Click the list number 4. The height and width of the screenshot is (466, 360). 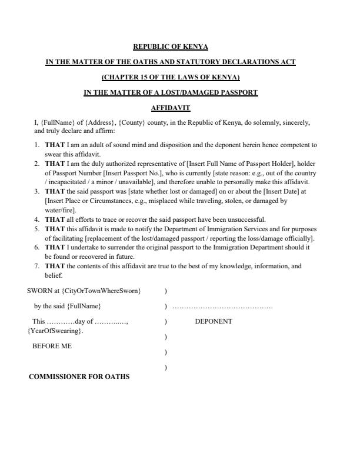pyautogui.click(x=36, y=219)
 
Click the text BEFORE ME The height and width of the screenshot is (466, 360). pyautogui.click(x=52, y=347)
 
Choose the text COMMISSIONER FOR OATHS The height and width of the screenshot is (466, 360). pyautogui.click(x=79, y=377)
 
